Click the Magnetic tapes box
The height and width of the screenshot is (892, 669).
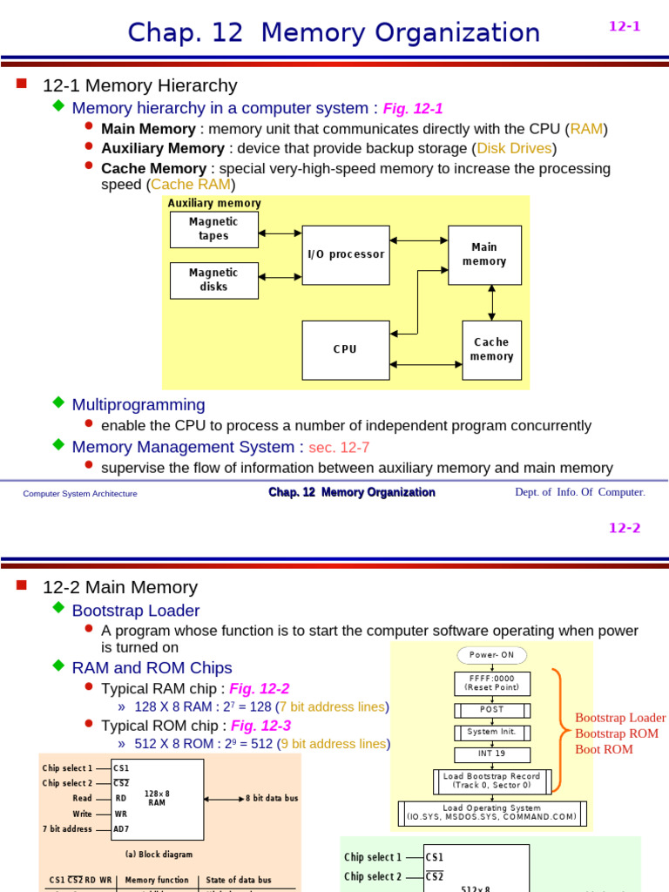(213, 229)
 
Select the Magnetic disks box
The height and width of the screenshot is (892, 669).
(213, 280)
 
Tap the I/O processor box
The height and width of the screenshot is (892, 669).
(346, 254)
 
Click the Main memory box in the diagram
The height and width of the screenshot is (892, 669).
(484, 254)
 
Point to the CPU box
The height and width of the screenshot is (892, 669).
(345, 349)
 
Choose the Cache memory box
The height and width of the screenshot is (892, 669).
(491, 349)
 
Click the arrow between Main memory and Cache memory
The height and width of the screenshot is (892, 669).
(492, 302)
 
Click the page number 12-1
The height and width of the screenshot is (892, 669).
(624, 26)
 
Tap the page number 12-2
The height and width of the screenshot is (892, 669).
(624, 528)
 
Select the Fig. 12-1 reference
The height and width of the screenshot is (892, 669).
(413, 109)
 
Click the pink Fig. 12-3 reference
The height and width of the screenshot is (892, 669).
(260, 726)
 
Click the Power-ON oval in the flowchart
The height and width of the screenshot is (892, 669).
(492, 655)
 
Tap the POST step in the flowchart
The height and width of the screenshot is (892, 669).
(492, 709)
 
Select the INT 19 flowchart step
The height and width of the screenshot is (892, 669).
(492, 754)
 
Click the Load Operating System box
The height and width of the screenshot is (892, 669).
(492, 813)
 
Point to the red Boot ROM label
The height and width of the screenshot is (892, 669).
(604, 749)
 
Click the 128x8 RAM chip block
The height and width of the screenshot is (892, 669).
(158, 798)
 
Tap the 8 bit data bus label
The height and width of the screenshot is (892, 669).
(272, 798)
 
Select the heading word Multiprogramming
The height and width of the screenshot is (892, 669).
(139, 405)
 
